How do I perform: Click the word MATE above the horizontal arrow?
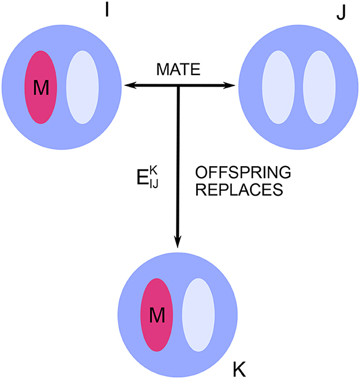[x=178, y=71]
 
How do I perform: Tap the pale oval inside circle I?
[x=82, y=87]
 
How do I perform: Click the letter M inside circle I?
[x=40, y=88]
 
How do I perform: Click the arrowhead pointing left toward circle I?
[x=130, y=86]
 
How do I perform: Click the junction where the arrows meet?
[x=178, y=86]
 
